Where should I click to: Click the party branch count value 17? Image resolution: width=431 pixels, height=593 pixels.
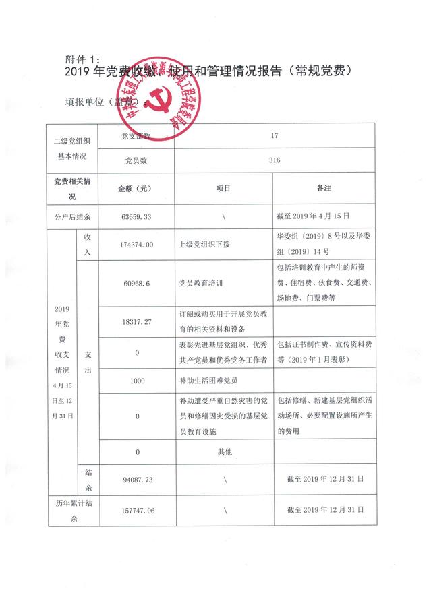pyautogui.click(x=274, y=135)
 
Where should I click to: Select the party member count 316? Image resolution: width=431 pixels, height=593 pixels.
pyautogui.click(x=274, y=160)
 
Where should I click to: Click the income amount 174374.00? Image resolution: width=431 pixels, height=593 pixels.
pyautogui.click(x=136, y=244)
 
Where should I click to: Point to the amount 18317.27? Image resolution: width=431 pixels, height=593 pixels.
pyautogui.click(x=136, y=322)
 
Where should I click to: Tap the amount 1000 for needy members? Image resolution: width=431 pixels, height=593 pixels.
pyautogui.click(x=136, y=381)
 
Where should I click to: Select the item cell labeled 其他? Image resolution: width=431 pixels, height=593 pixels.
pyautogui.click(x=223, y=451)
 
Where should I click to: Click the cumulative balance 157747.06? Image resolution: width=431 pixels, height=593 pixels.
pyautogui.click(x=136, y=511)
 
